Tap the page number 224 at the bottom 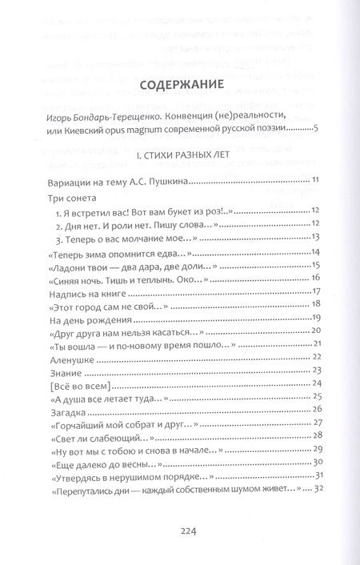[x=179, y=528]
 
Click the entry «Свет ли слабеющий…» [x=102, y=438]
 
